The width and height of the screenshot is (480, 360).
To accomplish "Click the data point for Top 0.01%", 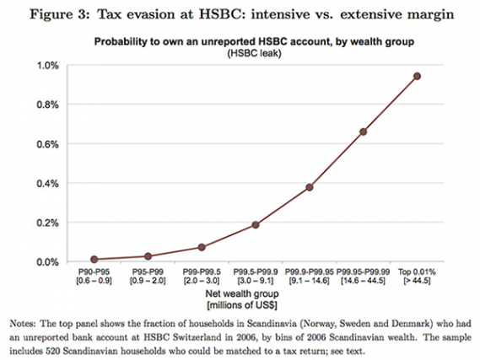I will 417,76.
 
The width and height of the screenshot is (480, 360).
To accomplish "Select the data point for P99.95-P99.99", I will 363,132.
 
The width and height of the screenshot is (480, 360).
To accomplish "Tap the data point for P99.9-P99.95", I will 310,187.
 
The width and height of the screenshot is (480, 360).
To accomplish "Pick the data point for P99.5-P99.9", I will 256,225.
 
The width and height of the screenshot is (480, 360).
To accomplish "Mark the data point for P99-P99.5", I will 202,247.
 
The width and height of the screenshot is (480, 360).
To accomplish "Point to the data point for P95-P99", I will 148,256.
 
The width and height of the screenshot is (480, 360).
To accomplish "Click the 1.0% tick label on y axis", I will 44,65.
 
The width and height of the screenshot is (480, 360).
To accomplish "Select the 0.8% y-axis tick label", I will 44,105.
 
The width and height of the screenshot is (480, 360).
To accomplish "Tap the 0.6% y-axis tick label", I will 44,144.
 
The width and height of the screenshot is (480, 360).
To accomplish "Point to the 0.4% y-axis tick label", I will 44,183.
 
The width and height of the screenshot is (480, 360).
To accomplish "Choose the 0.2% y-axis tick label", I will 44,223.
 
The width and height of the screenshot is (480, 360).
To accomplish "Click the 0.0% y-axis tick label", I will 44,262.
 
